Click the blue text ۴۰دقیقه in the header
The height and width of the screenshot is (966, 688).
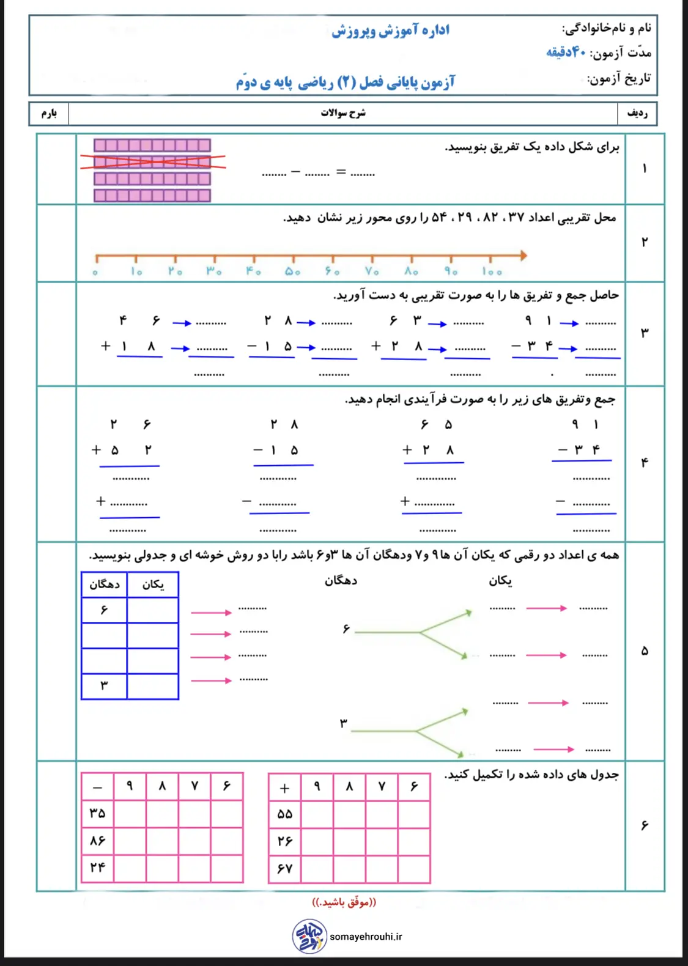[x=566, y=53]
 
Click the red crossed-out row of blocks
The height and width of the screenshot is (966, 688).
[x=152, y=161]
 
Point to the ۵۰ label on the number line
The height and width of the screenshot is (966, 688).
[x=292, y=271]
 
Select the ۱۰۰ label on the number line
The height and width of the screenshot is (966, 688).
[x=491, y=271]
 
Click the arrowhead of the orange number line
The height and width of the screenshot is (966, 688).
[x=523, y=255]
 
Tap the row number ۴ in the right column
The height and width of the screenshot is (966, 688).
[x=644, y=463]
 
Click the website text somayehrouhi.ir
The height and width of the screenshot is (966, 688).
[x=366, y=937]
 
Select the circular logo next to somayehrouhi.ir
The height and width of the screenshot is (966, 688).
[x=309, y=936]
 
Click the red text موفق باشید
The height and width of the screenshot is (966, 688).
[x=344, y=902]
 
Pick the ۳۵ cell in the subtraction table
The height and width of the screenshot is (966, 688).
[x=97, y=813]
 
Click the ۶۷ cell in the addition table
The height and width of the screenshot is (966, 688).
[x=285, y=868]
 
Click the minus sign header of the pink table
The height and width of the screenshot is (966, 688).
[x=97, y=787]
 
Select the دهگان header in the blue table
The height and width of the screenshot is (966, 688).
[x=105, y=584]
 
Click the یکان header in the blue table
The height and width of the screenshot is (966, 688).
[x=153, y=584]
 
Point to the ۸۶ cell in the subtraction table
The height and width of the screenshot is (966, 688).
[x=97, y=841]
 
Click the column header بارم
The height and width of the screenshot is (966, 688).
[x=49, y=114]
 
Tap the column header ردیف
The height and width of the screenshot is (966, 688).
[x=637, y=114]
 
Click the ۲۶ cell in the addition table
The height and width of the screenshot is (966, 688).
[x=285, y=841]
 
